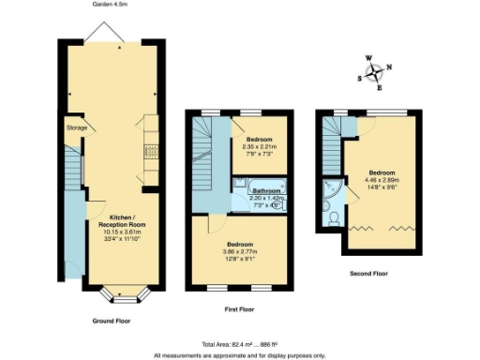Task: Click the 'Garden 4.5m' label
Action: pos(110,5)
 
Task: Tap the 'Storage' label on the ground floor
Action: pos(76,127)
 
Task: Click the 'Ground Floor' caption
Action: pos(111,321)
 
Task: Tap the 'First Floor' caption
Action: pos(239,306)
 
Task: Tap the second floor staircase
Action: pos(331,145)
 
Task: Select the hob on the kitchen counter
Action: pos(149,152)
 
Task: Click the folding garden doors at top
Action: pos(104,35)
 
